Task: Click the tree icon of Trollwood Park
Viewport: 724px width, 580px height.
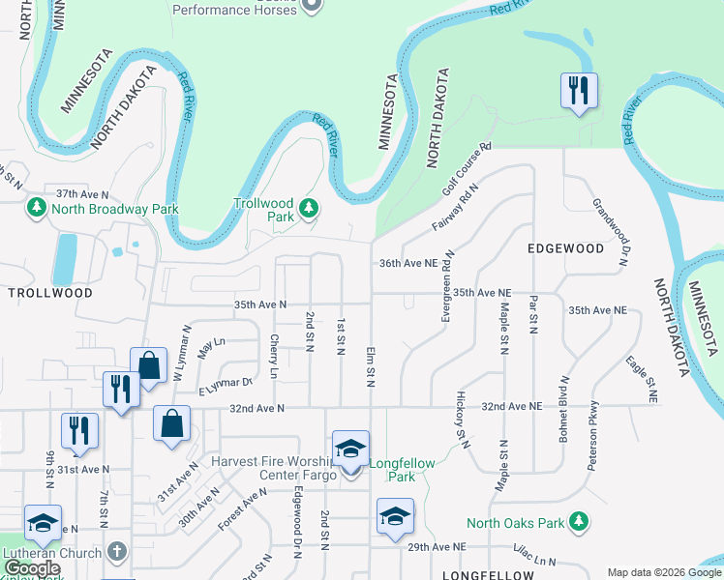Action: [309, 207]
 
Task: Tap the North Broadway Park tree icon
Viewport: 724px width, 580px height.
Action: [37, 208]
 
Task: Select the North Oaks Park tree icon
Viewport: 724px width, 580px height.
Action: [580, 523]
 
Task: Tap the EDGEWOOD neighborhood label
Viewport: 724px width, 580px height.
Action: [565, 248]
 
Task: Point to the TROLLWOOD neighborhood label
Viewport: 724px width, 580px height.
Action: [50, 292]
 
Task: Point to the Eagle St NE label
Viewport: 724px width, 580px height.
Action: [642, 379]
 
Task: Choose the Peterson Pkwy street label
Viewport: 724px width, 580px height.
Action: [594, 434]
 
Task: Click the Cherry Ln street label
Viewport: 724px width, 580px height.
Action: [275, 356]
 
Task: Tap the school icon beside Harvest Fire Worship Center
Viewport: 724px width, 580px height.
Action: [350, 449]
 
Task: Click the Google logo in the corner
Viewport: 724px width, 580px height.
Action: [32, 568]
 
